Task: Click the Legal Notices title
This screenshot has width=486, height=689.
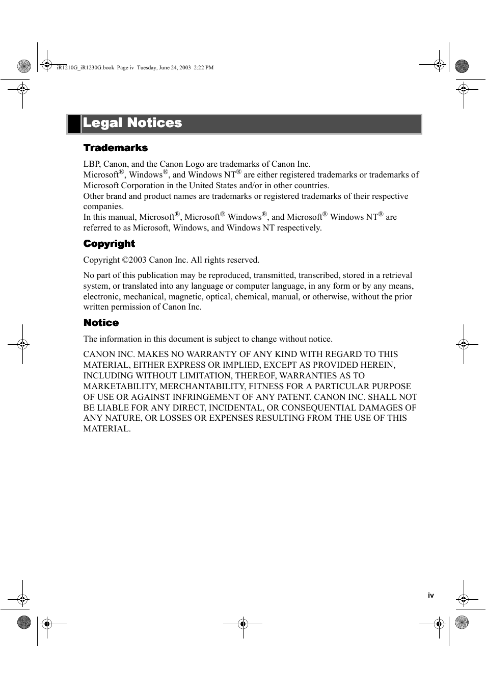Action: (132, 123)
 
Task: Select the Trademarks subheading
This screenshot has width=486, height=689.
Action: (116, 148)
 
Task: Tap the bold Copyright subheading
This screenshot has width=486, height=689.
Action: (109, 244)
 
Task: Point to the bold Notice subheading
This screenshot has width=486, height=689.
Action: (101, 323)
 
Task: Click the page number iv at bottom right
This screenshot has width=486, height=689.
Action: (431, 595)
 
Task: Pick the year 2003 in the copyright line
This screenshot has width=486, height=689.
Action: (138, 260)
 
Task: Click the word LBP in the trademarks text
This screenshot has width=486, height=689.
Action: (91, 164)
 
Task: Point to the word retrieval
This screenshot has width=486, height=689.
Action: (397, 275)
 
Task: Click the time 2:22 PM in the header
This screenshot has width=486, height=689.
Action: (204, 67)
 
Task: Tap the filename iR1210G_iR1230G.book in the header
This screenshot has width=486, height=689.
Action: (86, 67)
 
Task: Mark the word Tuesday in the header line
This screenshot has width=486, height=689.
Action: (147, 67)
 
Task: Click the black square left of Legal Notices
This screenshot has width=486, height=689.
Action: (74, 124)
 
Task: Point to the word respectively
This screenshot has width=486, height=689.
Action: (299, 228)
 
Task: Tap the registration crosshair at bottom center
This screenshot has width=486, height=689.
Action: (243, 624)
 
